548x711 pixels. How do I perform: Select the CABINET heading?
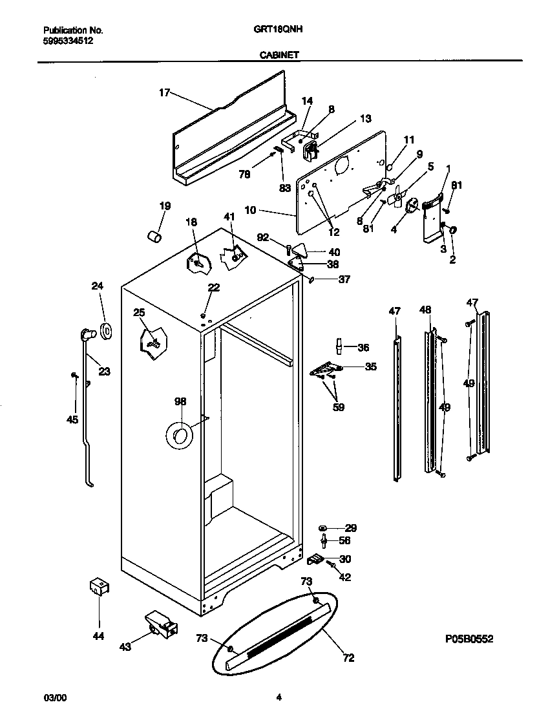279,56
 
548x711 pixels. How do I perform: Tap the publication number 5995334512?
68,40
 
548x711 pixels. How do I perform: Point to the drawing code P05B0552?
469,639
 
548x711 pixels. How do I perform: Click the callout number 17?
164,93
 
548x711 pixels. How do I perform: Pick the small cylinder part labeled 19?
154,237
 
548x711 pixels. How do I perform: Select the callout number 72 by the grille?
348,659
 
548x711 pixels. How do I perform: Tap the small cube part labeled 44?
98,587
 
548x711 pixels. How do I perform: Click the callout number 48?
425,310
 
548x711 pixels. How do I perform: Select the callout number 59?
338,407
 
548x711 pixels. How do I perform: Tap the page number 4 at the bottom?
279,697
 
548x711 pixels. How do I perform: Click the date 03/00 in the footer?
54,697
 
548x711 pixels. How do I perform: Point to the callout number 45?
72,419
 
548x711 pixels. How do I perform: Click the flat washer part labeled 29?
322,529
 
